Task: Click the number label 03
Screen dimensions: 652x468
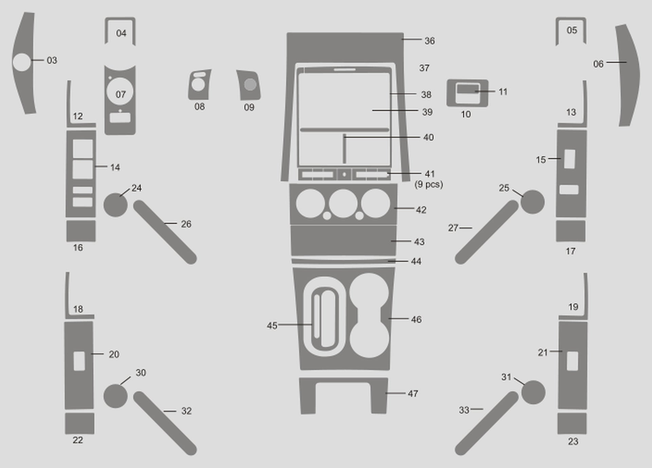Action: (52, 60)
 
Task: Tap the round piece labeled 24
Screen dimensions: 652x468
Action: (115, 205)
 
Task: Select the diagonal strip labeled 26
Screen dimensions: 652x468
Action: (165, 232)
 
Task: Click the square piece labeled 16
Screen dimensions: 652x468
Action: (81, 231)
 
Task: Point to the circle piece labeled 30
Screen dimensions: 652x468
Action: (115, 396)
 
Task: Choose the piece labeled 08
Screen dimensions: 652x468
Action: (199, 85)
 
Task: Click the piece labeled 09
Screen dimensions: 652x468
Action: (249, 85)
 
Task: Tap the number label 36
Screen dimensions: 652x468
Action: (430, 41)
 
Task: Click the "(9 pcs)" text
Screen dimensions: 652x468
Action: (429, 184)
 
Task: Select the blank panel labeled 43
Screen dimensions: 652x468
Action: (344, 240)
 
